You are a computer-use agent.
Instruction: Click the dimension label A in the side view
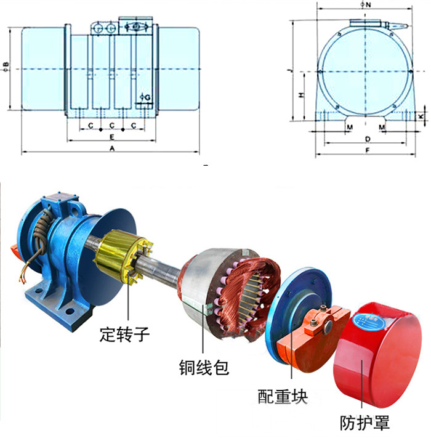112,148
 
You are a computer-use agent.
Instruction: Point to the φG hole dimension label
145,97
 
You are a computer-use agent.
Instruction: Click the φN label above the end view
367,5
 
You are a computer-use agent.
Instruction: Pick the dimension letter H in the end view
300,95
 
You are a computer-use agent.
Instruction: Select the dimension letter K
421,116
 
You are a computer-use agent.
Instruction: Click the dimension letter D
367,139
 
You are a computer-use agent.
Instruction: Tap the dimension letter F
367,150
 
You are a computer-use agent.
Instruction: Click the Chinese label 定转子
124,336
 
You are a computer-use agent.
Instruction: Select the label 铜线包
203,368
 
